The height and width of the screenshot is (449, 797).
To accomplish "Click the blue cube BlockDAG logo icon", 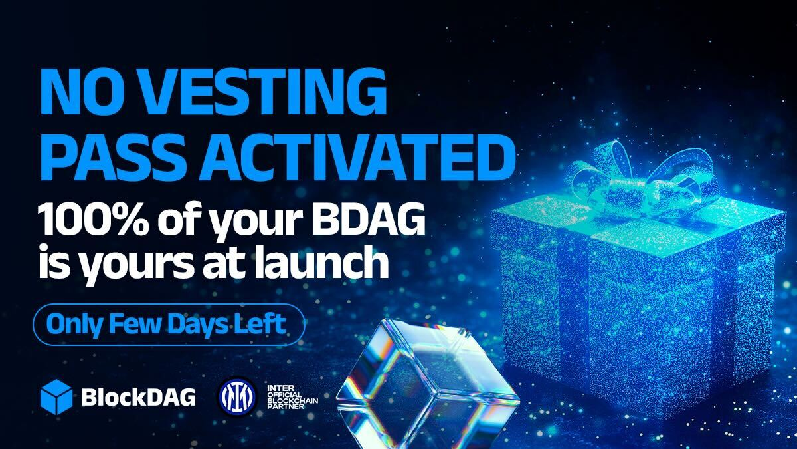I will coord(56,396).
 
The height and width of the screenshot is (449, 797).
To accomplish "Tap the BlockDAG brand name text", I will coord(138,397).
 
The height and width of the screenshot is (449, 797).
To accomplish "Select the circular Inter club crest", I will coord(236,397).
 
